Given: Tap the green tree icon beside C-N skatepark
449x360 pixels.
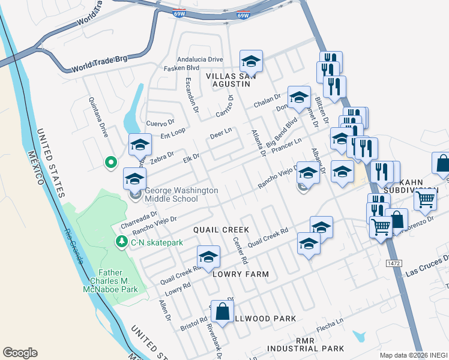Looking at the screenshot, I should pyautogui.click(x=121, y=241).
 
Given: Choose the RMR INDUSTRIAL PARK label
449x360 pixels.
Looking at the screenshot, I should pyautogui.click(x=306, y=344).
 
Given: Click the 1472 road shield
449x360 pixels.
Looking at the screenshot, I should pyautogui.click(x=393, y=263).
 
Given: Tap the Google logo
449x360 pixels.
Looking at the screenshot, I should pyautogui.click(x=20, y=353).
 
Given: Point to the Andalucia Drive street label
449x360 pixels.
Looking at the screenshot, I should pyautogui.click(x=200, y=59).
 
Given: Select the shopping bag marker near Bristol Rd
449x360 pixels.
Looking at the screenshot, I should pyautogui.click(x=222, y=311).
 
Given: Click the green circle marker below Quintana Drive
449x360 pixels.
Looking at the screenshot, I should pyautogui.click(x=110, y=161).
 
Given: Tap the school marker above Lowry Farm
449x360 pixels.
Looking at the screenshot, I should pyautogui.click(x=208, y=256).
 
